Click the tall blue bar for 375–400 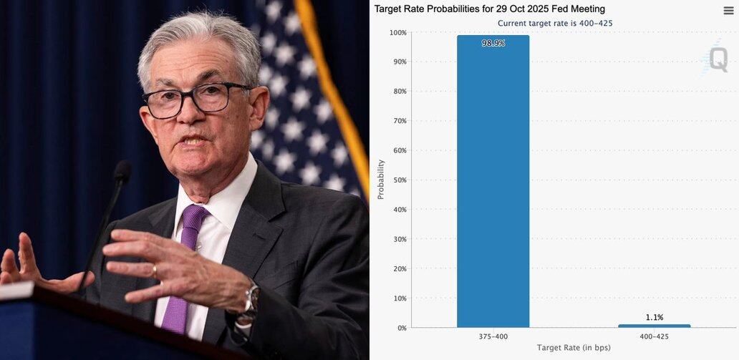[493, 186]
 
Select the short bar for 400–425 [654, 326]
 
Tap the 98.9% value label [493, 44]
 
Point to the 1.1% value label [654, 317]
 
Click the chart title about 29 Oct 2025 [489, 9]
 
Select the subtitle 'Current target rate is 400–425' [555, 23]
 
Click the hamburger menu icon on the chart [728, 10]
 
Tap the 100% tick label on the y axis [397, 33]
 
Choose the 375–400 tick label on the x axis [493, 336]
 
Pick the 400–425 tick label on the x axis [654, 336]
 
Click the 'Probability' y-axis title [380, 179]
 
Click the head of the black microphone [122, 171]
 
